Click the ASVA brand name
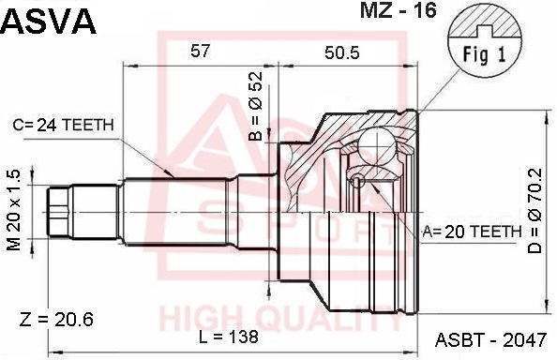(x=49, y=22)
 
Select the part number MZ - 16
(x=398, y=10)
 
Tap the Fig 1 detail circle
(x=485, y=47)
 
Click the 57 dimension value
(x=200, y=52)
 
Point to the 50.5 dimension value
(x=341, y=52)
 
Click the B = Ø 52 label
(x=255, y=106)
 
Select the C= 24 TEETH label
(x=63, y=125)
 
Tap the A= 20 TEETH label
(x=472, y=232)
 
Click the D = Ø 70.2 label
(x=534, y=210)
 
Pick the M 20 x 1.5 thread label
(x=13, y=209)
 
